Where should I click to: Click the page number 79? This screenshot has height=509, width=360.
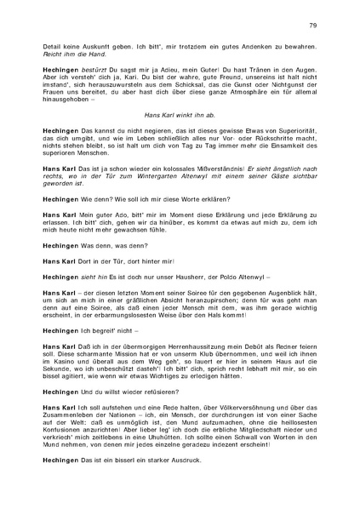pyautogui.click(x=313, y=27)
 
